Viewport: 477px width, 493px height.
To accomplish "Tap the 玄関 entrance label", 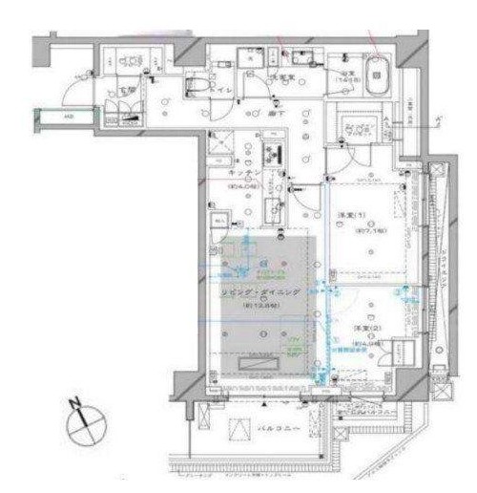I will [128, 91].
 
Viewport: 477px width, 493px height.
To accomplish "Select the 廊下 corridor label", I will [276, 113].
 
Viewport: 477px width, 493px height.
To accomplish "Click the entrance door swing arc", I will [72, 88].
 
